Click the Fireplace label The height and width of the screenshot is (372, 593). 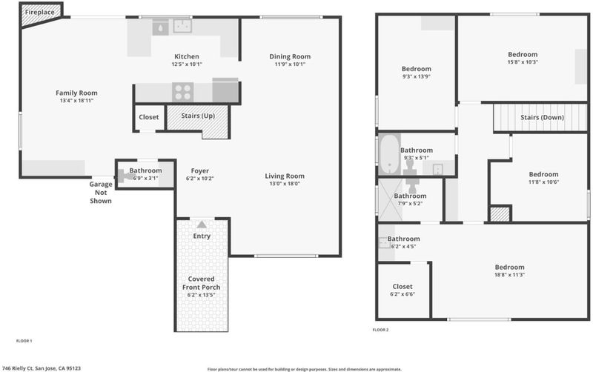tap(40, 12)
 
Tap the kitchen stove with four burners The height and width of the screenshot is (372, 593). tap(183, 92)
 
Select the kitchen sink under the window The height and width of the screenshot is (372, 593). tap(182, 26)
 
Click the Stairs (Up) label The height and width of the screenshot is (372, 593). tap(198, 116)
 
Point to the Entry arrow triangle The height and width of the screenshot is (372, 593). tap(202, 225)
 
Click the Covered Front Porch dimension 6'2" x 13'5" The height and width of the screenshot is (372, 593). tap(201, 295)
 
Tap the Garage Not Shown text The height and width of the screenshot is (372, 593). tap(101, 193)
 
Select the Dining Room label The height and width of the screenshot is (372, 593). tap(290, 56)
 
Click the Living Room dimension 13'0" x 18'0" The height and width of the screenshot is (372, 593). tap(285, 184)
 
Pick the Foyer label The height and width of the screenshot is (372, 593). tap(199, 171)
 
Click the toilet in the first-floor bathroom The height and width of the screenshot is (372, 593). tap(125, 176)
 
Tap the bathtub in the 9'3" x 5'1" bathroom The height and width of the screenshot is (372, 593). tap(390, 154)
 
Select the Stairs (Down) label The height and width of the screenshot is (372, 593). tap(542, 117)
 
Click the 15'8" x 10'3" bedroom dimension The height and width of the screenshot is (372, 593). tap(523, 62)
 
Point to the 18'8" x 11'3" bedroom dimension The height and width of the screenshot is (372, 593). tap(509, 275)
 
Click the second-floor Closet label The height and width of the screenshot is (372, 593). tap(402, 287)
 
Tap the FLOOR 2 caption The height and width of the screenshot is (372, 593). tap(380, 330)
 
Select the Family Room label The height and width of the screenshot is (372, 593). tap(76, 93)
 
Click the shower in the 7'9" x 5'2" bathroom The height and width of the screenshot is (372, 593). tap(391, 200)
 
